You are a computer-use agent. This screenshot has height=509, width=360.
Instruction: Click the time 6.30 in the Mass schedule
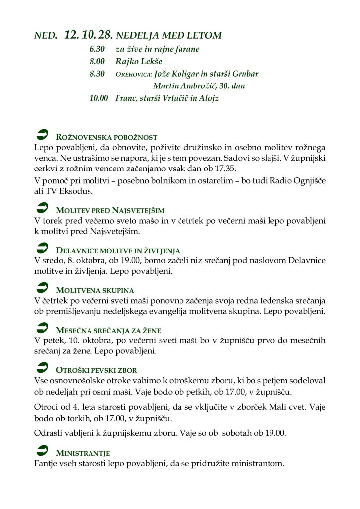[x=97, y=49]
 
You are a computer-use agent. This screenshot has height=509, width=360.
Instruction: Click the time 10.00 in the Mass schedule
[x=99, y=98]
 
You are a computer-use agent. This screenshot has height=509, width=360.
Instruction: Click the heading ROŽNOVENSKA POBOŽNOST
[x=107, y=137]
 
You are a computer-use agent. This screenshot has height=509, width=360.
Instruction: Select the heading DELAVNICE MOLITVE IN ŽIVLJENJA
[x=118, y=251]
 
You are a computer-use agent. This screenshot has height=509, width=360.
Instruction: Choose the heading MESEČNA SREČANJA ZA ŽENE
[x=108, y=330]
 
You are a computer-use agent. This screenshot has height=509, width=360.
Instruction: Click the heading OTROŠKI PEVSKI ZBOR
[x=96, y=370]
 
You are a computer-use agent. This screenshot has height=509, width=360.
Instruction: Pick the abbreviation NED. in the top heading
[x=46, y=36]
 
